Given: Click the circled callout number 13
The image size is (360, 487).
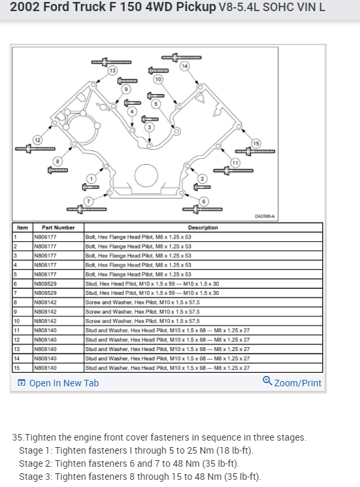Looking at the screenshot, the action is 112,71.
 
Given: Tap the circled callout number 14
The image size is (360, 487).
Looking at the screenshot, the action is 185,66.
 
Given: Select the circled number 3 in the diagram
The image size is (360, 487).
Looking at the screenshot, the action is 149,127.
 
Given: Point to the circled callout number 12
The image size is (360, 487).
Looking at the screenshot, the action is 37,140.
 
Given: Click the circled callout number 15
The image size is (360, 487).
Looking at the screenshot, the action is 255,144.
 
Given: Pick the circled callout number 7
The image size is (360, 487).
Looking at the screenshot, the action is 88,201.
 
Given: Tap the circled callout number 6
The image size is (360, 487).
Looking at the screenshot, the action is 204,201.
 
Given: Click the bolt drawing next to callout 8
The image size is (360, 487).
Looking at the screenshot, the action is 57,170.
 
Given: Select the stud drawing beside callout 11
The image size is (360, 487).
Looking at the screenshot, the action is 233,171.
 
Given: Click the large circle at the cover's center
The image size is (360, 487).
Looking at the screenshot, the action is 146,175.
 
